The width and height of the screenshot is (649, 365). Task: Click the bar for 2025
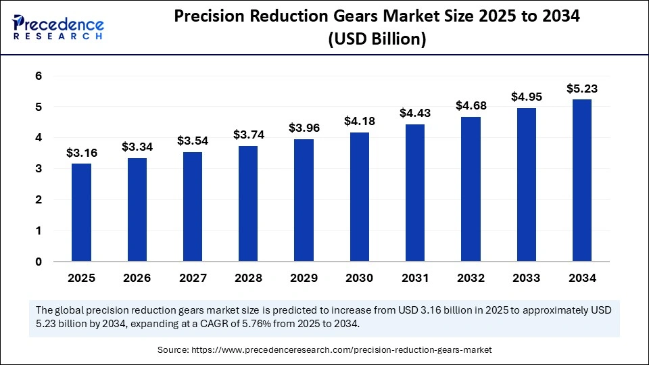[81, 212]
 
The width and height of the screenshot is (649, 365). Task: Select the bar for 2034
[581, 180]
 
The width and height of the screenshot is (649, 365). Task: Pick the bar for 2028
[248, 203]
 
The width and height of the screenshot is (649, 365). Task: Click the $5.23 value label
[581, 89]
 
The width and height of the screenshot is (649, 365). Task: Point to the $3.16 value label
[81, 153]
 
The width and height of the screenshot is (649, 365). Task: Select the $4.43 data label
[414, 114]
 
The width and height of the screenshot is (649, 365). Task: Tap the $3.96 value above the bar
[304, 128]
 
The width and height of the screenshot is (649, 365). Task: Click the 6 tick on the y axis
[39, 76]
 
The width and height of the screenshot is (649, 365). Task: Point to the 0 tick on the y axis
[39, 262]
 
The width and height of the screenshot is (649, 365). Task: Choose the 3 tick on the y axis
[39, 169]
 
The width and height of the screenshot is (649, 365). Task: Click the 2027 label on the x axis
[193, 278]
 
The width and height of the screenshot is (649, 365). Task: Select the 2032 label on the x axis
[471, 278]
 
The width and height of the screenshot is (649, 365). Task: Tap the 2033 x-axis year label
[526, 278]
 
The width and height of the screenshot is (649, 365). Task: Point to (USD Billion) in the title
[377, 41]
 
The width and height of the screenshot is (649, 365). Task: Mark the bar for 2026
[137, 210]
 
